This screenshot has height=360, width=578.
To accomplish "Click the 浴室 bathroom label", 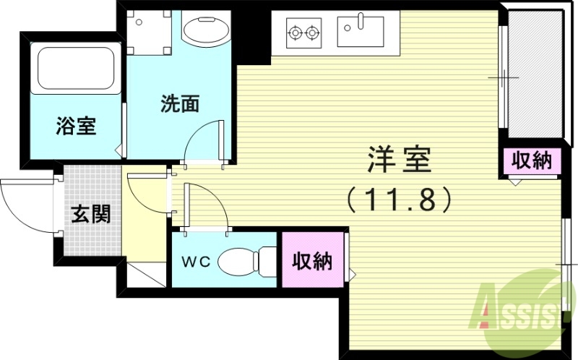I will [x=76, y=126].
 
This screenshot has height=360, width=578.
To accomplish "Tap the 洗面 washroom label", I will [x=179, y=104].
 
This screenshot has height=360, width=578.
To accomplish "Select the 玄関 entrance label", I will [x=90, y=214].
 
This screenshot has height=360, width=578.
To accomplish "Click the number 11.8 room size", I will [x=400, y=198].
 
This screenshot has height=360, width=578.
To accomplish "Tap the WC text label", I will [x=195, y=262].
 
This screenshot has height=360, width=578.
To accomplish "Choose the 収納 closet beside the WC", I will [x=312, y=261].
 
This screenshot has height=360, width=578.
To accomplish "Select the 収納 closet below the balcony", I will [x=532, y=161].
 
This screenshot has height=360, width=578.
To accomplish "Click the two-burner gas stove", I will [x=303, y=32].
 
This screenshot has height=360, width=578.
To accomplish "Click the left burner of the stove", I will [x=296, y=32].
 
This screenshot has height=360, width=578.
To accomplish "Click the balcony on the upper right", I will [x=534, y=72].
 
